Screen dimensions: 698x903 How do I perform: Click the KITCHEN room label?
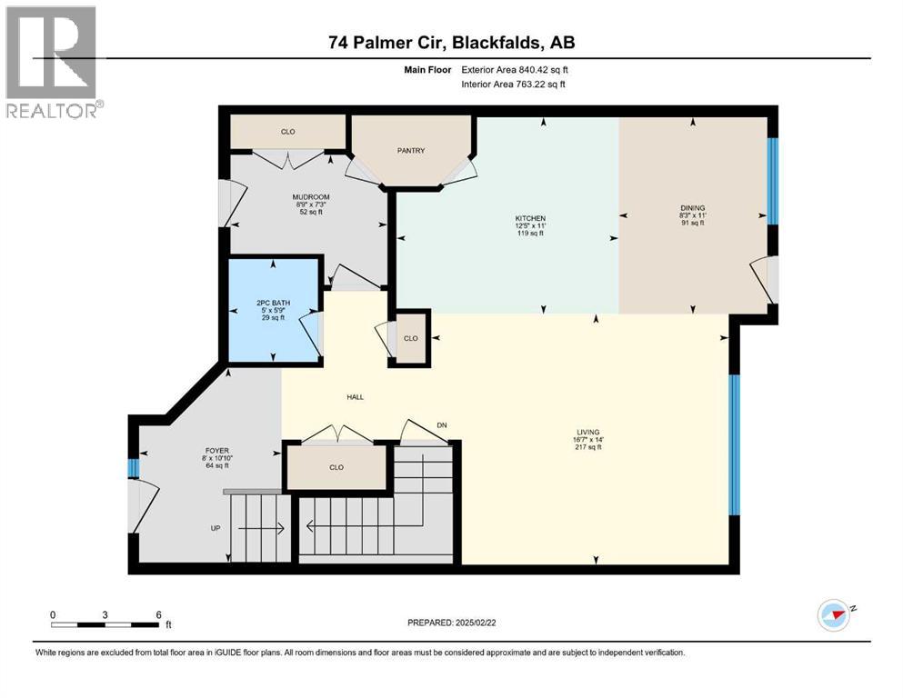pyautogui.click(x=530, y=219)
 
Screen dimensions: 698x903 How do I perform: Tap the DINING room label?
pyautogui.click(x=692, y=208)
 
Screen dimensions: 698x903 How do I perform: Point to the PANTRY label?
pyautogui.click(x=411, y=151)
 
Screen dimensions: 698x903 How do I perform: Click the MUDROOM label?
pyautogui.click(x=310, y=197)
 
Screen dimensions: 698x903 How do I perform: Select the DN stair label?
pyautogui.click(x=442, y=424)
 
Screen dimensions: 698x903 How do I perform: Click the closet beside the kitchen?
pyautogui.click(x=411, y=338)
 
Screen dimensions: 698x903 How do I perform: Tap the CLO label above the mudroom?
pyautogui.click(x=287, y=133)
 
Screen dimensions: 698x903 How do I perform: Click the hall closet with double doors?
pyautogui.click(x=336, y=467)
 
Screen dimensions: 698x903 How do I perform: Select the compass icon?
pyautogui.click(x=834, y=615)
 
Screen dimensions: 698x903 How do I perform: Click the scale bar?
pyautogui.click(x=106, y=624)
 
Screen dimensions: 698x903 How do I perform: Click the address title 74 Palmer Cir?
pyautogui.click(x=451, y=42)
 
